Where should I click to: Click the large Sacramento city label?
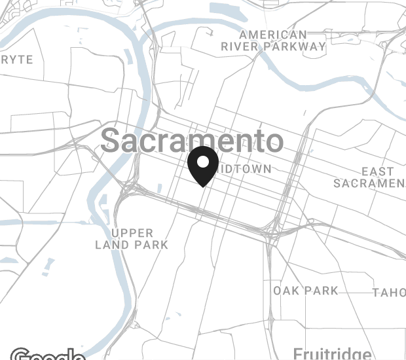[x=193, y=141]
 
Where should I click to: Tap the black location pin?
[x=203, y=166]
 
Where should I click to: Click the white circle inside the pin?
[x=203, y=162]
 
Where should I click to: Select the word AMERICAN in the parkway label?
[x=273, y=35]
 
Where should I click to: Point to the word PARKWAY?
[x=297, y=46]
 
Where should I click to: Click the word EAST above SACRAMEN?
[x=378, y=171]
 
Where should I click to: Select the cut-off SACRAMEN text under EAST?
[x=369, y=183]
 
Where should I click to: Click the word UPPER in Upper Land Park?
[x=132, y=233]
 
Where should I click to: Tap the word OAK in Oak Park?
[x=286, y=290]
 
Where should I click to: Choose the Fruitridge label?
[x=332, y=353]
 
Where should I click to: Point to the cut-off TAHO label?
[x=389, y=293]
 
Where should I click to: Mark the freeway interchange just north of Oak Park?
[x=272, y=232]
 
